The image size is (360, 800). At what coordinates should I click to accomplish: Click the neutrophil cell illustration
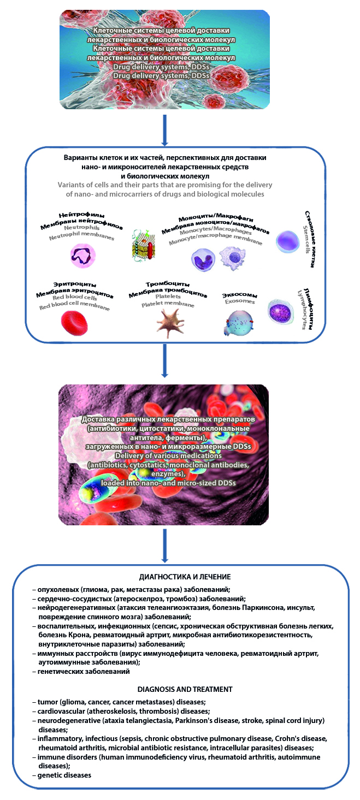(83, 254)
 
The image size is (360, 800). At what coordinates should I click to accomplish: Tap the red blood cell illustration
(75, 322)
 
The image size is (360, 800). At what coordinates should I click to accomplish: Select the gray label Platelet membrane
(168, 304)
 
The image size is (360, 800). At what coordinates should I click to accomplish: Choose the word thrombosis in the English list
(166, 712)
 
